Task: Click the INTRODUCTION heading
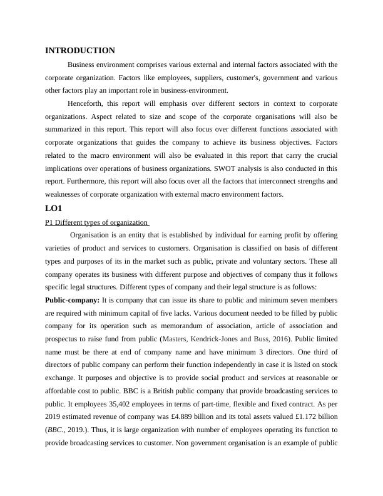pos(80,50)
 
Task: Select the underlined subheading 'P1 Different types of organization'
pos(97,222)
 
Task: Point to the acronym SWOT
pos(221,168)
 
